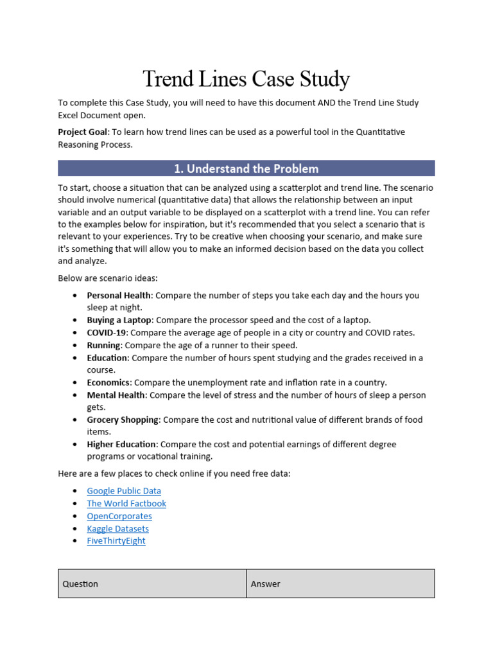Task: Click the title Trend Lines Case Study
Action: click(x=246, y=79)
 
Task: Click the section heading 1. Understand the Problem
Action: click(x=246, y=169)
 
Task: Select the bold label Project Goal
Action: click(x=82, y=132)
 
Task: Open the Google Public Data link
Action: click(x=124, y=491)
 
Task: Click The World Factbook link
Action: click(x=126, y=504)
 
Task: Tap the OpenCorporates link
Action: click(x=119, y=516)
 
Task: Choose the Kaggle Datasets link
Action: click(x=117, y=529)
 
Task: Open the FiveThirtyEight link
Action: click(x=116, y=541)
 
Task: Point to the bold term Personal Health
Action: click(x=119, y=296)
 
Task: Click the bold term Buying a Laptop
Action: click(x=119, y=320)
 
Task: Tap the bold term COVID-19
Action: click(x=107, y=333)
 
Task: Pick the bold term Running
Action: click(x=104, y=345)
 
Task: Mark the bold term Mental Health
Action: click(x=116, y=395)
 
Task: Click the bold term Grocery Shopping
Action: click(x=123, y=420)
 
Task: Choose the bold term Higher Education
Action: click(x=121, y=445)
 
